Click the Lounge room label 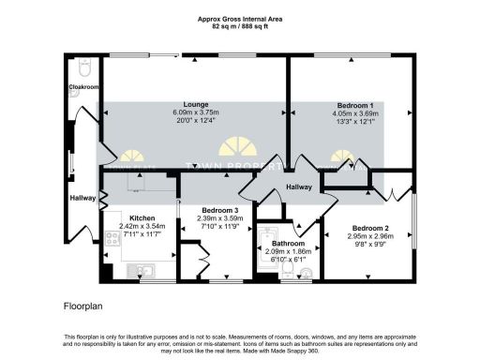(x=197, y=104)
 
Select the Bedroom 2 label (x=370, y=228)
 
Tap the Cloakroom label (x=84, y=87)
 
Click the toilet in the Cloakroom (x=84, y=69)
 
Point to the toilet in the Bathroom (x=308, y=273)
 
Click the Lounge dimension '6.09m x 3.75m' (x=197, y=112)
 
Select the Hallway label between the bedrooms (x=299, y=187)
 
